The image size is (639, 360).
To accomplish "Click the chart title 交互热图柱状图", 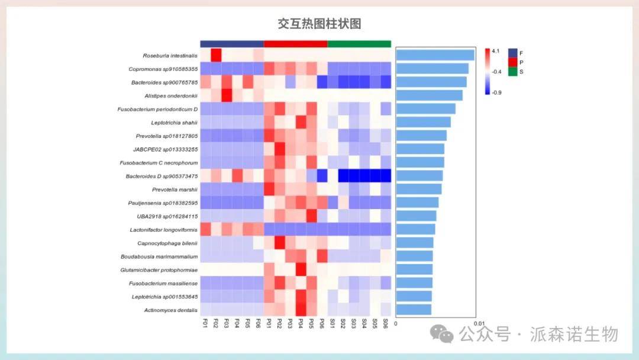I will (x=319, y=24).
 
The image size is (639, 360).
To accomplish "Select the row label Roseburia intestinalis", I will (x=170, y=56).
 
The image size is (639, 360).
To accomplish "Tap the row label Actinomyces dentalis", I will (x=170, y=310).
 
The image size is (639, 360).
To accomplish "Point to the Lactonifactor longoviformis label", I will (x=164, y=230).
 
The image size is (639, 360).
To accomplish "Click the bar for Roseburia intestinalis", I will (x=435, y=55).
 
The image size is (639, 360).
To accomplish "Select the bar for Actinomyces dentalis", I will (x=414, y=309).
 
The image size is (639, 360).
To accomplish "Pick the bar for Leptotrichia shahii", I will (x=423, y=122).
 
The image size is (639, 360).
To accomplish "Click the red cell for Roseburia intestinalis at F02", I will (x=216, y=55).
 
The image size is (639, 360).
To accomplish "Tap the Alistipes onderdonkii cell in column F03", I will (x=227, y=95).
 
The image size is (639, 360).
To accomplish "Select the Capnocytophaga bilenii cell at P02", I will (x=280, y=243).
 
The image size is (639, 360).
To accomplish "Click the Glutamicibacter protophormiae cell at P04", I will (x=301, y=269).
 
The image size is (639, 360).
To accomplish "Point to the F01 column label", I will (x=205, y=323).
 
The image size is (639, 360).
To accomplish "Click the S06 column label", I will (x=386, y=323).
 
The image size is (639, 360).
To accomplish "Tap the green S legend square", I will (x=512, y=72).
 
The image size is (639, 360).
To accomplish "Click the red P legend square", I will (x=512, y=62).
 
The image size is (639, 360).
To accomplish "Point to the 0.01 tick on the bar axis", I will (x=479, y=323).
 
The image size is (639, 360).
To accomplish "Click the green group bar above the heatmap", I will (x=359, y=44).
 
